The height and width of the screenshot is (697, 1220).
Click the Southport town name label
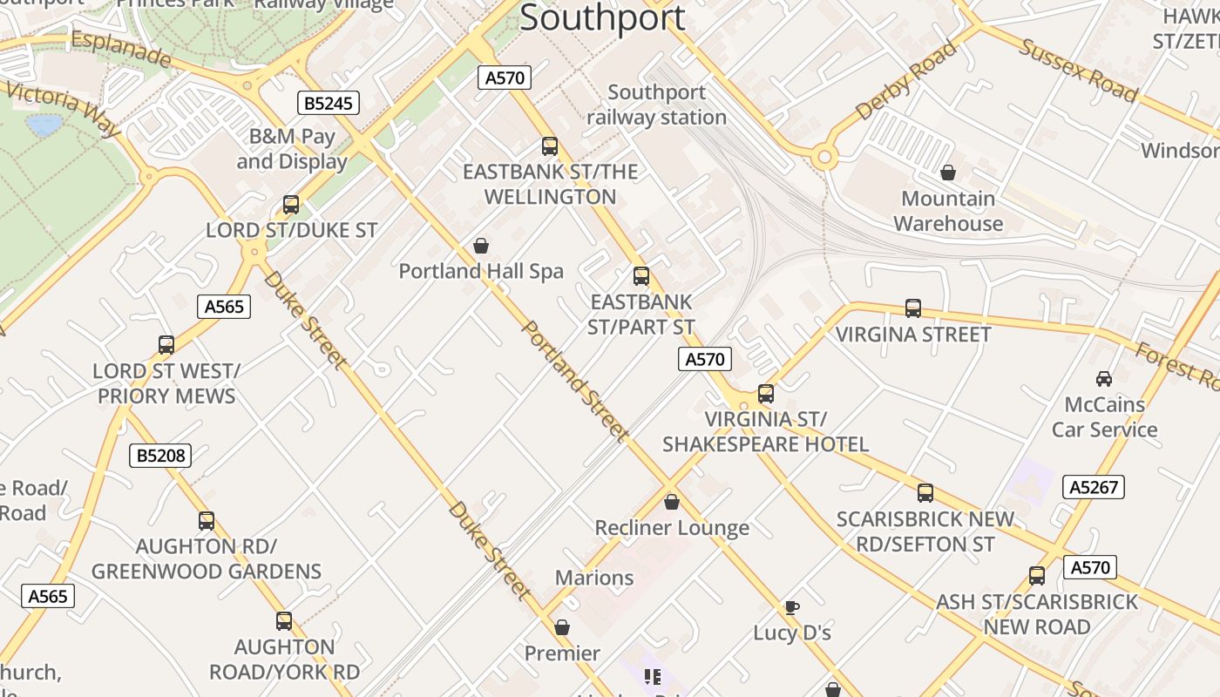[602, 17]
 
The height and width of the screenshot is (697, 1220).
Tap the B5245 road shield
[329, 104]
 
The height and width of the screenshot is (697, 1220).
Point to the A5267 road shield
[1094, 487]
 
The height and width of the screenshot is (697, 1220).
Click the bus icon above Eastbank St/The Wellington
[549, 146]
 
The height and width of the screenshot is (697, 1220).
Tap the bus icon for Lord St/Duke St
[291, 205]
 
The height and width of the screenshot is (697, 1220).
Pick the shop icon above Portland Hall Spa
[480, 247]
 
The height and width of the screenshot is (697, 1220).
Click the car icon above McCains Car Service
[1104, 379]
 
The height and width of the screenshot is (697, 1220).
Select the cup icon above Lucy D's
[791, 607]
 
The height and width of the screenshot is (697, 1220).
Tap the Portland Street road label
[575, 381]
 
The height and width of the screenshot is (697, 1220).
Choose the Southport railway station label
[656, 105]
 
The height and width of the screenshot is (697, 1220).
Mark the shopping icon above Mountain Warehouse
[947, 173]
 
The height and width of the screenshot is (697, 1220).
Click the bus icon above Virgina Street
[912, 308]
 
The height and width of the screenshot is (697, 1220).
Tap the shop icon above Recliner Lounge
[671, 503]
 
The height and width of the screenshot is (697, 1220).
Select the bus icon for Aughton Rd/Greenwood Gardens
[207, 521]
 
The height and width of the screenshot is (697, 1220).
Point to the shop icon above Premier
[562, 628]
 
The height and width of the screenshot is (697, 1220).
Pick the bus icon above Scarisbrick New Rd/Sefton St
[925, 493]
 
